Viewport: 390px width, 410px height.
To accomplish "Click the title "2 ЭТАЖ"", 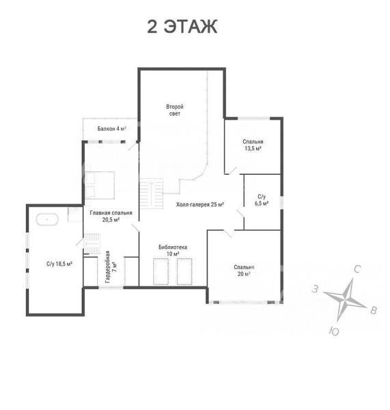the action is (x=182, y=27).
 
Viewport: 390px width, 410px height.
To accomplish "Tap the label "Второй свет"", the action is (x=175, y=110).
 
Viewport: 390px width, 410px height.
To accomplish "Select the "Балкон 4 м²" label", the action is (x=112, y=128).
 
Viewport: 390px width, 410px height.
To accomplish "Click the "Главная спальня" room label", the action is (x=111, y=213).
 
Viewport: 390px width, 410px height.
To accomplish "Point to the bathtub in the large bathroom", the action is (x=47, y=219).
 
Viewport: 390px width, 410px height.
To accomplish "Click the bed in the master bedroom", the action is (x=100, y=185).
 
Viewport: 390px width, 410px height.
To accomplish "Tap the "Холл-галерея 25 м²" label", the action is (x=199, y=204).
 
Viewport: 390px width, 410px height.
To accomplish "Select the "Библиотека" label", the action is (x=173, y=247).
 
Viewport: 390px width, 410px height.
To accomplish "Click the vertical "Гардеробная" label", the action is (x=107, y=267).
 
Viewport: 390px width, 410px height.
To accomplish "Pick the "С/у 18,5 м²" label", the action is (x=59, y=264).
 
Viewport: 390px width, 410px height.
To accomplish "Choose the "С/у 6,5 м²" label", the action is (x=262, y=200).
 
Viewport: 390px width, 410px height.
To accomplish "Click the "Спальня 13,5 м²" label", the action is (x=253, y=145).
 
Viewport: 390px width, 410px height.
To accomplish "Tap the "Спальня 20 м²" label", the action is (x=244, y=271).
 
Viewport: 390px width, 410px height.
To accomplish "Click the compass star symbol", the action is (x=345, y=300).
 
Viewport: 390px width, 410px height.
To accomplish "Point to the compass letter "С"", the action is (x=357, y=269).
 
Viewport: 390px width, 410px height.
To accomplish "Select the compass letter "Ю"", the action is (x=334, y=331).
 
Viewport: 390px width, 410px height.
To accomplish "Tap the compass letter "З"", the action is (x=315, y=290).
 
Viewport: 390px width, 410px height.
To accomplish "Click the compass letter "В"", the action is (x=374, y=310).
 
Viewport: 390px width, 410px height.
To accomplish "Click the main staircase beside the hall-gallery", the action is (x=152, y=193).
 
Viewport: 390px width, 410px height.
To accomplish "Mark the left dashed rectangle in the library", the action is (x=161, y=271).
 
